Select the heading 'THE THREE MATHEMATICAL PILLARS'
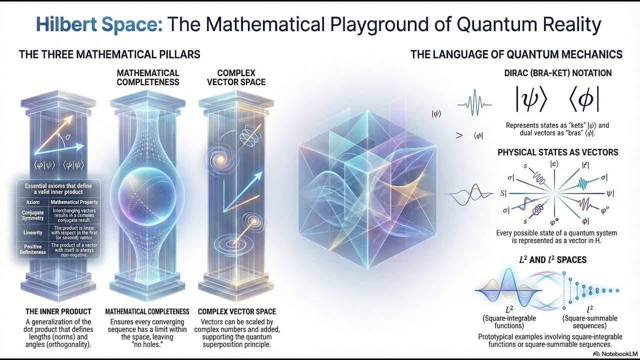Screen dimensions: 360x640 109,54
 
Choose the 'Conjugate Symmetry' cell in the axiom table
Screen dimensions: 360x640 33,215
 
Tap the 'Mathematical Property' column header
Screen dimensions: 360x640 73,202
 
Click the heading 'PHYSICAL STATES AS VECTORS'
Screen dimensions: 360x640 557,152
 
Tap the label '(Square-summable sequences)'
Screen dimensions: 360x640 589,322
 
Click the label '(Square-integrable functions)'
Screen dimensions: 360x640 509,322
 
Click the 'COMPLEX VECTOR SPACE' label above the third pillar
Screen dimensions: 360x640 236,77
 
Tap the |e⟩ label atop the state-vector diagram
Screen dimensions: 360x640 554,163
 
